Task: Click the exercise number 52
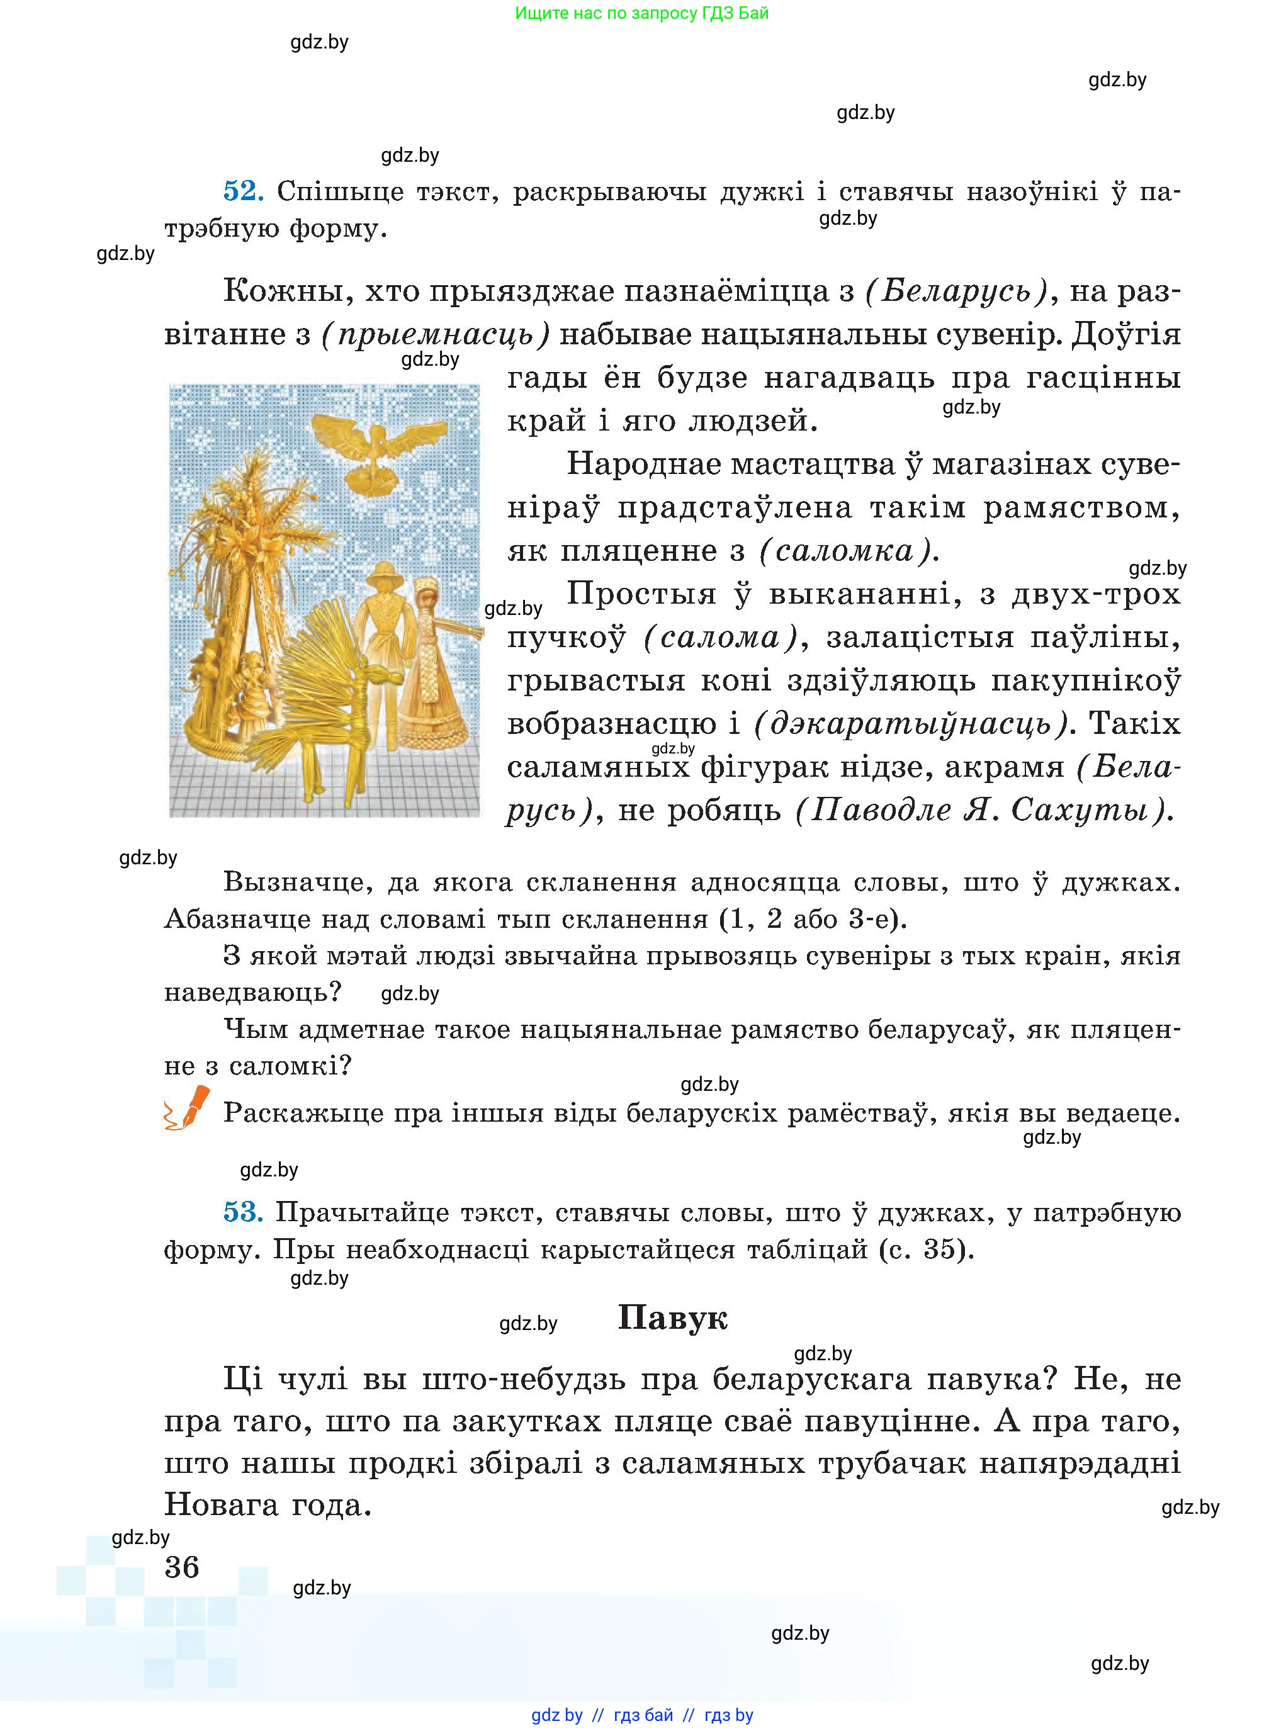tap(243, 191)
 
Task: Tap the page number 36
tap(182, 1567)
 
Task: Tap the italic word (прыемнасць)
tap(435, 335)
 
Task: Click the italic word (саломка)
tap(845, 551)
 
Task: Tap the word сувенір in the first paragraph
tap(996, 335)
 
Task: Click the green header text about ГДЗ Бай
tap(641, 13)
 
